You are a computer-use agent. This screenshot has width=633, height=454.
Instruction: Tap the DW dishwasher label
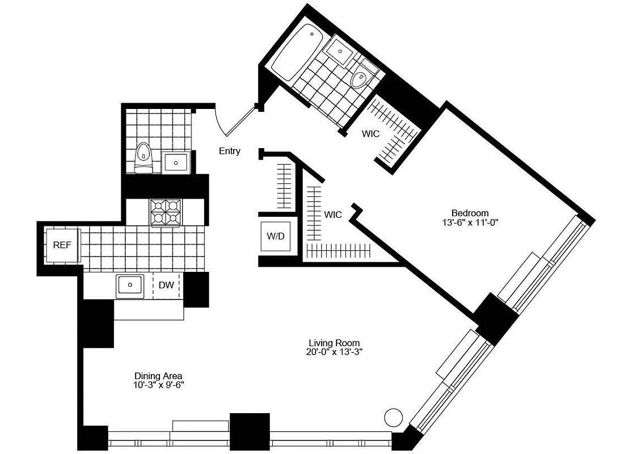coord(166,285)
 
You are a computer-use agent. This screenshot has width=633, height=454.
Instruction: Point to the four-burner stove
coord(166,213)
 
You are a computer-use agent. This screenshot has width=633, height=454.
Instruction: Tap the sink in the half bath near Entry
coord(176,163)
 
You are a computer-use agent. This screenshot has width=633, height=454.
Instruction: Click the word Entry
coord(230,151)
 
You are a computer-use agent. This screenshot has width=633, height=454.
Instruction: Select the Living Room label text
coord(335,343)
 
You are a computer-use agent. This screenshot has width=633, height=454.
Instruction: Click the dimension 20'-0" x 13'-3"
coord(335,352)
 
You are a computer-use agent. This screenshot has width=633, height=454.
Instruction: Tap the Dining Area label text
coord(158,376)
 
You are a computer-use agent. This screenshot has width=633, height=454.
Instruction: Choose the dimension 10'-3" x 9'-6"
coord(158,385)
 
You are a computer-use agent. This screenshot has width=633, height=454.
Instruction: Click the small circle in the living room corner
coord(393,417)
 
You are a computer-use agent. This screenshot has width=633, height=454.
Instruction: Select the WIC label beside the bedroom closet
coord(371,134)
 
